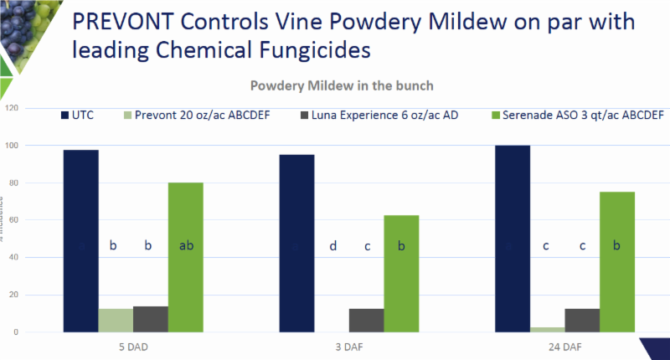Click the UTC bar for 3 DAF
point(297,243)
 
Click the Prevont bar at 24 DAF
point(548,329)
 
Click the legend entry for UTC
point(80,115)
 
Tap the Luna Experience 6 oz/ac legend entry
point(369,115)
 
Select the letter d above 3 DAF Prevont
point(332,245)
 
